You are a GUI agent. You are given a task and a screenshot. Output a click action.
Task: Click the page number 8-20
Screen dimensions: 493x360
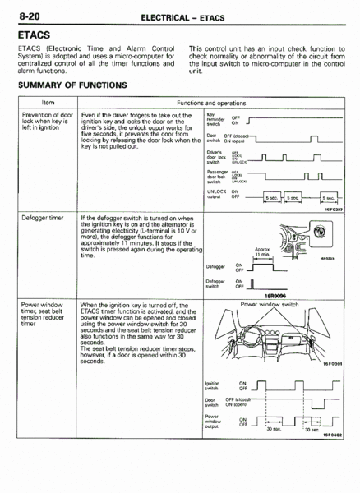point(24,14)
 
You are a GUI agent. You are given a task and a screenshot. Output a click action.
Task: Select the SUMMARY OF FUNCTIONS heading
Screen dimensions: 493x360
point(72,85)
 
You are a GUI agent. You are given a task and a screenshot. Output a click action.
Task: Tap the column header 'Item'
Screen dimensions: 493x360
point(48,101)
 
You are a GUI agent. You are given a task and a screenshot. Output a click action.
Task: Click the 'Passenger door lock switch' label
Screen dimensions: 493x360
point(216,176)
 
